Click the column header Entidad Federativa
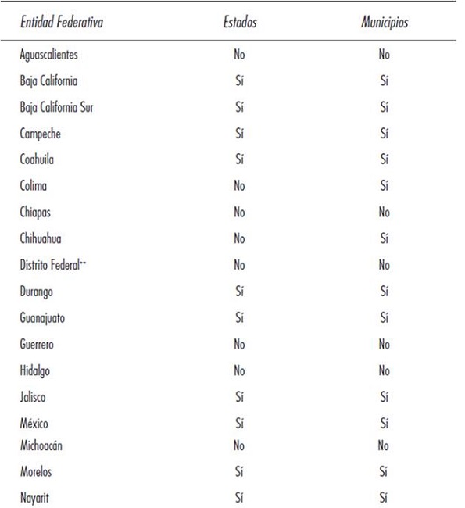62,23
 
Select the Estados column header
239,23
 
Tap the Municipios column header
384,23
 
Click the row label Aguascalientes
48,55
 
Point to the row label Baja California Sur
57,107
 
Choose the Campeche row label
41,134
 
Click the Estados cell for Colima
239,186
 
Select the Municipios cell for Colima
384,186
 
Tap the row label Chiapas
37,213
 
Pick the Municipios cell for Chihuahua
384,238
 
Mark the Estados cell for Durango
239,292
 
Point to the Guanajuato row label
44,317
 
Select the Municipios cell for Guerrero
384,344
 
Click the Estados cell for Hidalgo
239,370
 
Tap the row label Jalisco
34,397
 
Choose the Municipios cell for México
384,424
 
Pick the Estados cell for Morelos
239,471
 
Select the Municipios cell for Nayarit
384,497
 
